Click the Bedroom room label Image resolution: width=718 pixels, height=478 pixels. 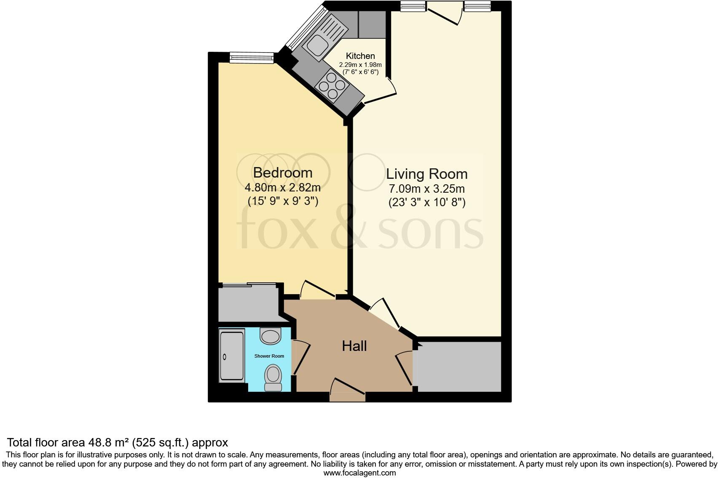tap(282, 173)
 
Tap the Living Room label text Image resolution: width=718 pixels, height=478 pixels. tap(426, 174)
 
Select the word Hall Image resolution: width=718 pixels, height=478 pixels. tap(354, 346)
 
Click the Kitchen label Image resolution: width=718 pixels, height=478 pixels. tap(360, 56)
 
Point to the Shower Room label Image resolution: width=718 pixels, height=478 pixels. tap(269, 356)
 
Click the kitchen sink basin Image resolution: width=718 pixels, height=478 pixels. tap(317, 44)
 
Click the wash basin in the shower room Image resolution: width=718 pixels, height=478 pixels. tap(270, 336)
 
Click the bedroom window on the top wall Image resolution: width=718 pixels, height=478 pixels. tap(252, 58)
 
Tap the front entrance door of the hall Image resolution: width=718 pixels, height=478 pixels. tap(348, 389)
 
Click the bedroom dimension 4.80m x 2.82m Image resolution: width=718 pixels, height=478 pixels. tap(282, 187)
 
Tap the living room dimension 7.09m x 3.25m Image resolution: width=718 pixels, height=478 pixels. tap(426, 189)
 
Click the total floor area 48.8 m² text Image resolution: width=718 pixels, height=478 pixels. tap(117, 442)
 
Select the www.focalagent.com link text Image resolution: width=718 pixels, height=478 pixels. tap(359, 473)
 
